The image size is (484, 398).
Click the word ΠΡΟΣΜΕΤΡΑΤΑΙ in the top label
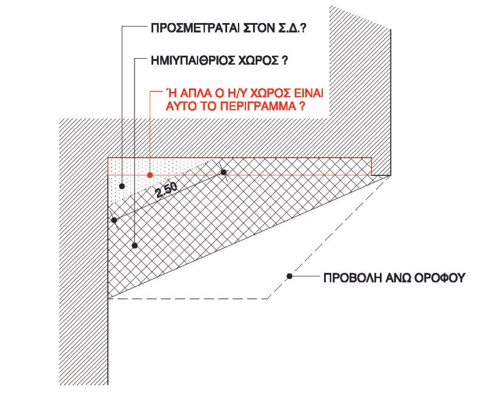pos(195,28)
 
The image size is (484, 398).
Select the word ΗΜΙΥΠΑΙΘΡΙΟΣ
pos(193,60)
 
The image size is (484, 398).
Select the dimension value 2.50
pos(167,190)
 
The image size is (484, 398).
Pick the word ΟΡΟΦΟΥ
pos(439,278)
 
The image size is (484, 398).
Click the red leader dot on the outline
pos(150,175)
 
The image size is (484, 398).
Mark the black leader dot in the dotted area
pos(122,186)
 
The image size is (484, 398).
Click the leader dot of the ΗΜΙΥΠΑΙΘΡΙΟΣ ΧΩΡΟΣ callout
pos(134,246)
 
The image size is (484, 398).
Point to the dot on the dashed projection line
pos(290,276)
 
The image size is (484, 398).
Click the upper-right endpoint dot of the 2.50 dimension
pos(224,172)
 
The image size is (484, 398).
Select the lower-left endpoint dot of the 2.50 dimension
pos(114,220)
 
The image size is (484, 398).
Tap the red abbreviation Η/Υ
pos(232,93)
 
